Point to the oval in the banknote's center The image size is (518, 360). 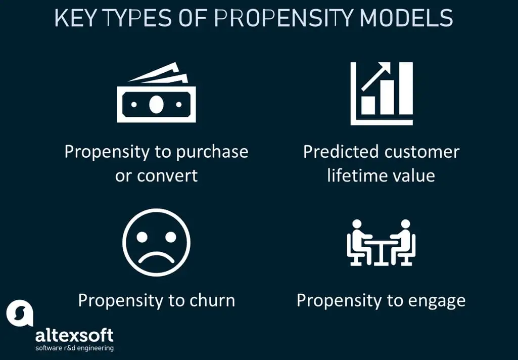click(156, 104)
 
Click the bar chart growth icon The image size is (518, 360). click(382, 94)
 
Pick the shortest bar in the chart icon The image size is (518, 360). click(368, 105)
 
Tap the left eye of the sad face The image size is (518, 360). click(144, 236)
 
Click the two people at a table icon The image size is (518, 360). click(381, 243)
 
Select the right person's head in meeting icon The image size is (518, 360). click(405, 224)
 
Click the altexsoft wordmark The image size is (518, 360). click(74, 335)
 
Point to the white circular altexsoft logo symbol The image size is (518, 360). click(20, 313)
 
